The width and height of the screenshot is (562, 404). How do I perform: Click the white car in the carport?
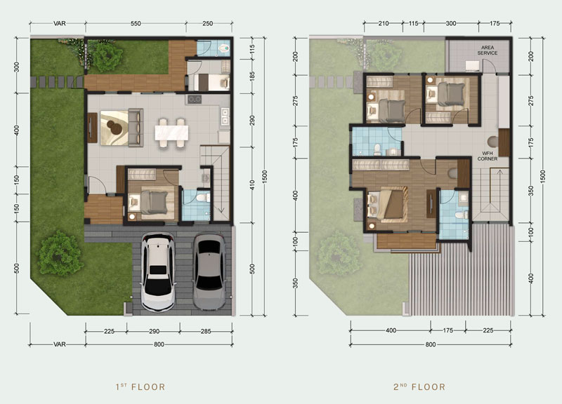coord(158,272)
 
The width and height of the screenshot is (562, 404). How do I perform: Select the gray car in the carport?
coord(209,271)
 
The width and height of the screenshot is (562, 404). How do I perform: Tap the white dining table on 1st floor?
coord(171,133)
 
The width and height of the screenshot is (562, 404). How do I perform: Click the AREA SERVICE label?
coord(487,50)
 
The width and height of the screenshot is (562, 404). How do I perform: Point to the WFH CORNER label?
coord(487,156)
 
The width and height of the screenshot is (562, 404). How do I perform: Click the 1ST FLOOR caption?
coord(140,387)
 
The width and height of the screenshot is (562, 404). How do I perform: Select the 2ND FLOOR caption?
coord(419,387)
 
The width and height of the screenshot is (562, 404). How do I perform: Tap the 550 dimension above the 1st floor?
coord(136,24)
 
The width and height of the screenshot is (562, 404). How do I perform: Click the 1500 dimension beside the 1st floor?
coord(265,177)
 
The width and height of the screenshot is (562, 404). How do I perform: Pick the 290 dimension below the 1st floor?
coord(154,331)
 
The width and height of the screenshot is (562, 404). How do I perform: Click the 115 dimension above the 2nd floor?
coord(413,23)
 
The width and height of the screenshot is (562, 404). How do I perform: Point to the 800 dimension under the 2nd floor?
coord(431,344)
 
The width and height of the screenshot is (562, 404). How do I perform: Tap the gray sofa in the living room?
coord(136,128)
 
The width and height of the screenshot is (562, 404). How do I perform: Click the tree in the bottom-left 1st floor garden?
coord(60,252)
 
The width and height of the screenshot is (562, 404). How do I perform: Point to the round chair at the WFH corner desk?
coord(493,142)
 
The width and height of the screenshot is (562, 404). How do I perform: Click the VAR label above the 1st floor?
coord(60,24)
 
